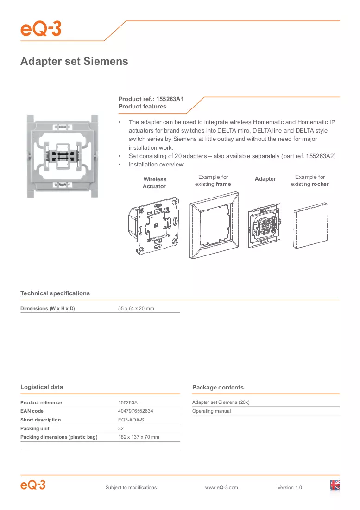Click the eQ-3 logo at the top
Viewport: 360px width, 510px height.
[x=41, y=29]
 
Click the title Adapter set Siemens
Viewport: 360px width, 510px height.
[x=74, y=61]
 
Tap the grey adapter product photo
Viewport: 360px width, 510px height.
[x=63, y=156]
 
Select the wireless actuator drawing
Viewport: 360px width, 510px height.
[x=154, y=225]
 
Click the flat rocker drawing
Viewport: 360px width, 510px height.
[x=311, y=225]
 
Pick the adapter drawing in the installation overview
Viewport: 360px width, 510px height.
[x=264, y=225]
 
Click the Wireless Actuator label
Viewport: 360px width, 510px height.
[x=155, y=183]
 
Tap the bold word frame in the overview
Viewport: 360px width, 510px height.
[x=223, y=184]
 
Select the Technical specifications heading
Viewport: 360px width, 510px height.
[x=55, y=293]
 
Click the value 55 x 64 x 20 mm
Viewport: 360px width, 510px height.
[x=136, y=309]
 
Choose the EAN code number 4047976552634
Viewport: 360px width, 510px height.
[x=135, y=411]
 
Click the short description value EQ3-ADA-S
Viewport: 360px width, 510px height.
[x=131, y=420]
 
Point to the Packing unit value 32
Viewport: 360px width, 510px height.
[x=121, y=429]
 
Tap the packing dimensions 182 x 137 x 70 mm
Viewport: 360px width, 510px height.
[x=139, y=437]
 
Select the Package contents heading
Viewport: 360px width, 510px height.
[x=218, y=388]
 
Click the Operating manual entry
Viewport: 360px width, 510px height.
[x=212, y=411]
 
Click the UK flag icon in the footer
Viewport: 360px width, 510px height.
[x=335, y=485]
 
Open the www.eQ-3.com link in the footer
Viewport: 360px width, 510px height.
[x=221, y=488]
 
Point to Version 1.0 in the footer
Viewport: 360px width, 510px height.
[x=290, y=488]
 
